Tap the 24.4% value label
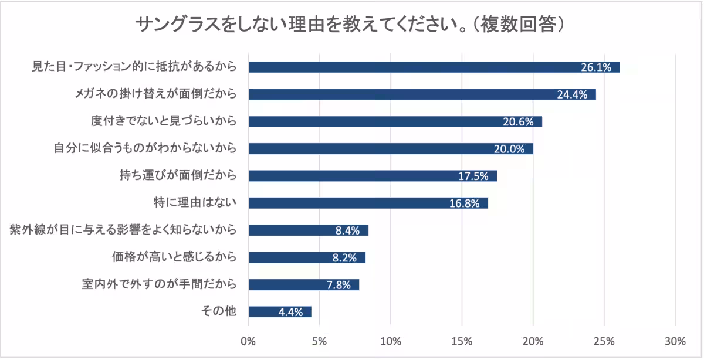(572, 94)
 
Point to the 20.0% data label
(509, 149)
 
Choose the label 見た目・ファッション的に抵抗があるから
(134, 67)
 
